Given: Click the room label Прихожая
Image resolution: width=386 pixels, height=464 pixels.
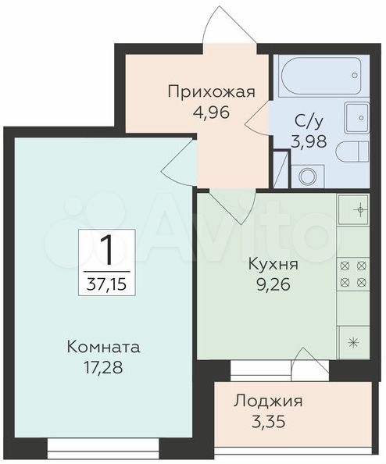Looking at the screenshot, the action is pos(211,93).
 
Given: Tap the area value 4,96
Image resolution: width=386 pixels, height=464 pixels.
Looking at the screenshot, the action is pos(211,112).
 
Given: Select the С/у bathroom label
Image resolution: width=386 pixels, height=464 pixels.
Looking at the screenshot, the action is pos(309,122).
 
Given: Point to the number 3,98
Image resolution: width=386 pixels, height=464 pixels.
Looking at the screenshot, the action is pos(309,141).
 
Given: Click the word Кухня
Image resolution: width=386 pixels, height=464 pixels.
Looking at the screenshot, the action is pos(273,265).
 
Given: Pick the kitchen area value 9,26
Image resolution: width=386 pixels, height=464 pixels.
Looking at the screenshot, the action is pos(273,286).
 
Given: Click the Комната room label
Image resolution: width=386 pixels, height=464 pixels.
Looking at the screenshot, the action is pos(104,347).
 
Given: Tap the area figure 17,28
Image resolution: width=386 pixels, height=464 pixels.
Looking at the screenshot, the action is pos(103,368).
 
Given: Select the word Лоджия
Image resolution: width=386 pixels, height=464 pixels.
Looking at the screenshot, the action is pos(268,402).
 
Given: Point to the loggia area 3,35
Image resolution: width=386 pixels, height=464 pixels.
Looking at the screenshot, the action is pos(269,422).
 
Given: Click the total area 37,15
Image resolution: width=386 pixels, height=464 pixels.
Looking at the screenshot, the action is pos(106,284).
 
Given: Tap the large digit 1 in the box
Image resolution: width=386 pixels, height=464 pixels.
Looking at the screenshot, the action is pos(106,251).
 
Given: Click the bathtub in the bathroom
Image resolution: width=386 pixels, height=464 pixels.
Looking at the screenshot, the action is pos(321,75).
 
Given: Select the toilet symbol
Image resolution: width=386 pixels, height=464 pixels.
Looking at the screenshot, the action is pos(353,152).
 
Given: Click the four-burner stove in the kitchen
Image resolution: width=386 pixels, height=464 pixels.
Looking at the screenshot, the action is pos(352,274).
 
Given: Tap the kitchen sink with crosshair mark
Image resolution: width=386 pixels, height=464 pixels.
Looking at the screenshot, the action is pos(353,209).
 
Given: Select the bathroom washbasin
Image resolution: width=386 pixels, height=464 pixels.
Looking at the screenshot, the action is pos(357,118).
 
